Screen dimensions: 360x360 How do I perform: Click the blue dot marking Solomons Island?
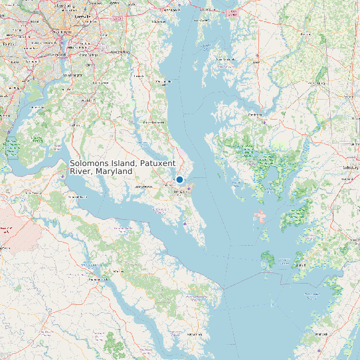179,179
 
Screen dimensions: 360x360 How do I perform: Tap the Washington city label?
65,31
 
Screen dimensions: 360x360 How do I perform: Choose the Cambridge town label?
254,114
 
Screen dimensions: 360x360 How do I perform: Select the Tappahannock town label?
99,279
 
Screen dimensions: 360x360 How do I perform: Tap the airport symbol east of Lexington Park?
189,188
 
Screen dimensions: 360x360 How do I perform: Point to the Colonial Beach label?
78,197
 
